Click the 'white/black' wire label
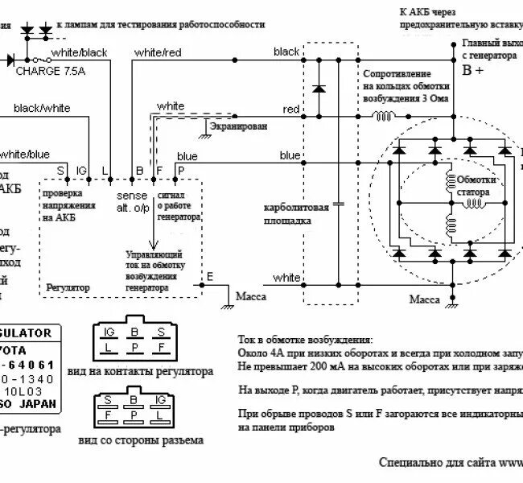pyautogui.click(x=79, y=53)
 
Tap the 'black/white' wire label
pyautogui.click(x=43, y=107)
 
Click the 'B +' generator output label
pyautogui.click(x=473, y=70)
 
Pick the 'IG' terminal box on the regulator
pyautogui.click(x=81, y=170)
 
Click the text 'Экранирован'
pyautogui.click(x=238, y=126)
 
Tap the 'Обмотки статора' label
pyautogui.click(x=476, y=186)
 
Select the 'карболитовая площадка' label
pyautogui.click(x=297, y=213)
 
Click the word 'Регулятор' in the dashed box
pyautogui.click(x=69, y=287)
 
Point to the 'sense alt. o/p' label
pyautogui.click(x=133, y=201)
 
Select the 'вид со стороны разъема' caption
pyautogui.click(x=141, y=440)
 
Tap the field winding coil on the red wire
pyautogui.click(x=382, y=116)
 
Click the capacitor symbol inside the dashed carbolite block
pyautogui.click(x=338, y=204)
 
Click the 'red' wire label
pyautogui.click(x=291, y=109)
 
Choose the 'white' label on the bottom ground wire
pyautogui.click(x=286, y=278)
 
